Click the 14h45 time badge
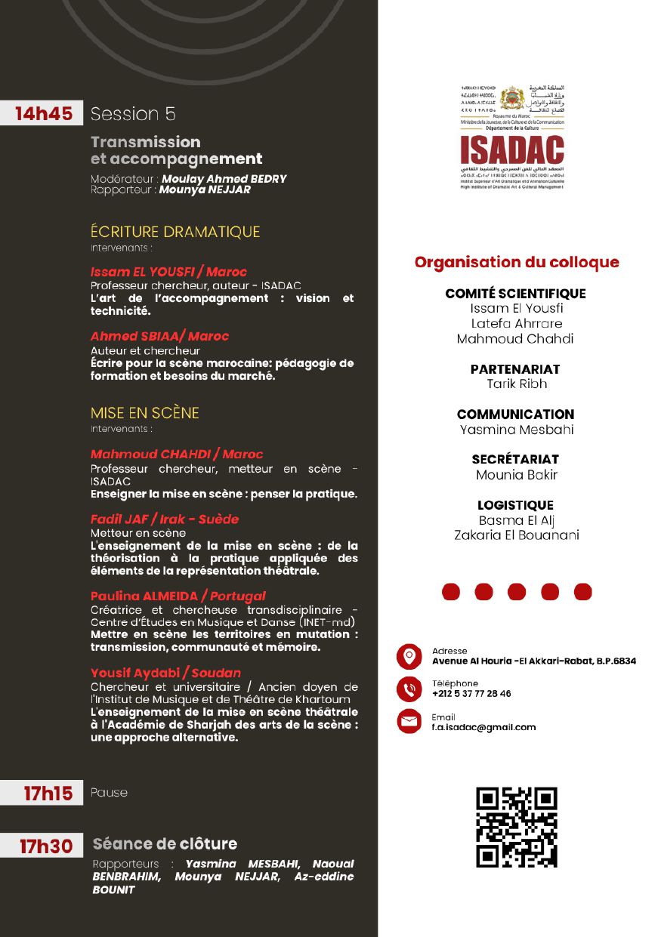44,114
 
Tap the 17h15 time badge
48,794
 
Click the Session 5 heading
133,114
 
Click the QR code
516,827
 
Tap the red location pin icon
409,656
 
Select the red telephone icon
409,689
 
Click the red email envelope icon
409,722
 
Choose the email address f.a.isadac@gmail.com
483,727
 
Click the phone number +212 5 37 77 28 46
471,694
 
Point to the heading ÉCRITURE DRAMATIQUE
175,232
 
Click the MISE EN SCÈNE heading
145,413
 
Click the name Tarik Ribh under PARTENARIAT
517,384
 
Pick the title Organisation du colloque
517,263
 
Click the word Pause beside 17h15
109,793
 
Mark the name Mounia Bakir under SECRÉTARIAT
517,475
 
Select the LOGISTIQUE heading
515,505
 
